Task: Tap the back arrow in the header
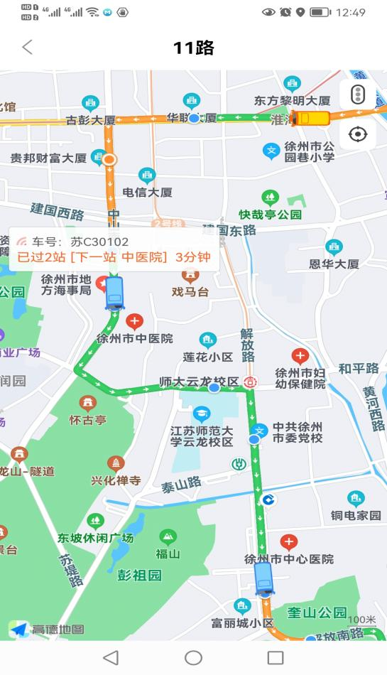(x=27, y=48)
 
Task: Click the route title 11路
(x=193, y=48)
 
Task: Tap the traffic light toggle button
(x=358, y=94)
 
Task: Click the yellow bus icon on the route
(x=312, y=118)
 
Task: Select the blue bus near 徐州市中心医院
(x=264, y=577)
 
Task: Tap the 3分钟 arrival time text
(x=193, y=256)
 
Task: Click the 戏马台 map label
(x=190, y=291)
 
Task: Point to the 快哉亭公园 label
(x=270, y=214)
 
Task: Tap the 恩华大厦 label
(x=334, y=264)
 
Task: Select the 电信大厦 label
(x=148, y=192)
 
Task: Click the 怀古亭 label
(x=87, y=419)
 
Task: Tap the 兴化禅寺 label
(x=116, y=480)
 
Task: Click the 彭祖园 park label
(x=139, y=575)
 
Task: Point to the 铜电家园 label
(x=356, y=515)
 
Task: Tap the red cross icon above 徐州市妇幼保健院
(x=300, y=357)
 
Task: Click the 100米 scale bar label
(x=361, y=620)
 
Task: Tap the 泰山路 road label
(x=180, y=485)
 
